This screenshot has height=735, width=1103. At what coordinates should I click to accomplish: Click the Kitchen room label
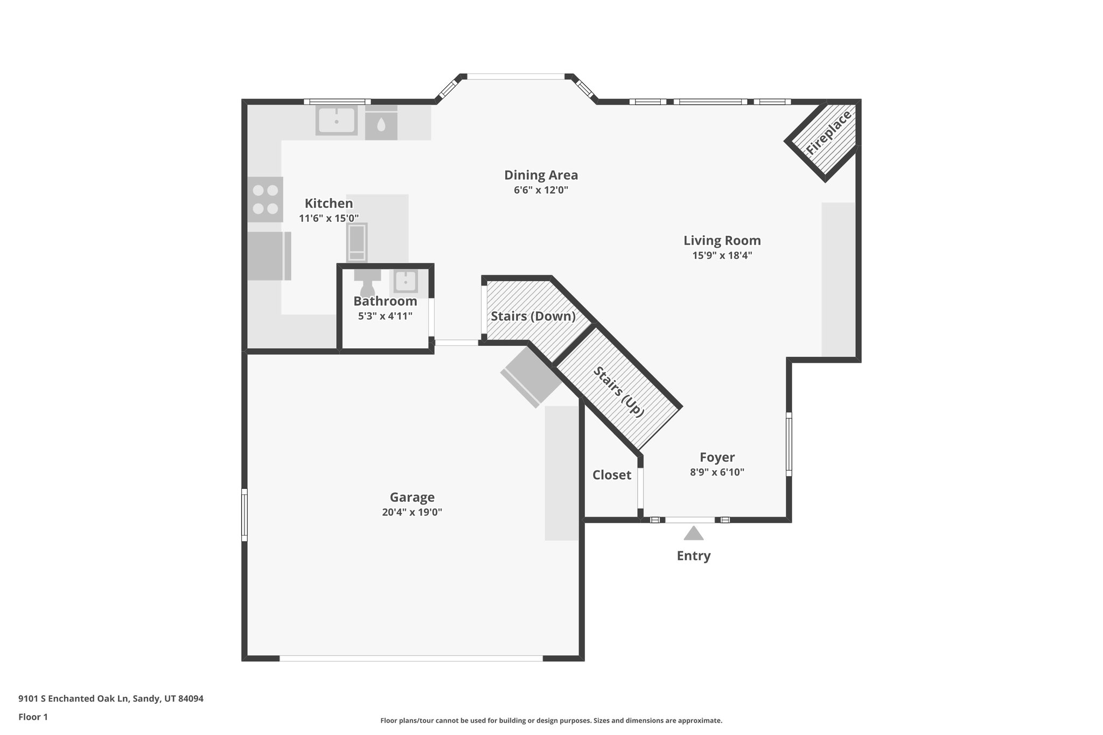point(329,204)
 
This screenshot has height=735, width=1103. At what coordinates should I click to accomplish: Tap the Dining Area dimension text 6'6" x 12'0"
point(541,190)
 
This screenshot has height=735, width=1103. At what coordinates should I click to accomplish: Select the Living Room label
point(722,241)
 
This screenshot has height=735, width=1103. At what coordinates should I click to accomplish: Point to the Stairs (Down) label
point(533,316)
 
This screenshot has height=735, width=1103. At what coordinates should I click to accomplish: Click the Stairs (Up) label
point(619,391)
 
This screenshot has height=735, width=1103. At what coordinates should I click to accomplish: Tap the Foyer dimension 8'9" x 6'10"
point(717,472)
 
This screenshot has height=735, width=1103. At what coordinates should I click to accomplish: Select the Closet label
point(611,475)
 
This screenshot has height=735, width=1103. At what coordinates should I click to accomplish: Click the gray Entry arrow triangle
point(693,534)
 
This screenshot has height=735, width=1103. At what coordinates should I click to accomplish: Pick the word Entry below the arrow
point(693,556)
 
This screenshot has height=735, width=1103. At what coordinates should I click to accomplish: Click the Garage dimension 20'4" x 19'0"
point(412,512)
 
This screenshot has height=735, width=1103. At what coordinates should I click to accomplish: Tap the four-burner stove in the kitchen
point(266,199)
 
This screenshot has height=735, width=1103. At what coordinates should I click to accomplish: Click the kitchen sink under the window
point(336,121)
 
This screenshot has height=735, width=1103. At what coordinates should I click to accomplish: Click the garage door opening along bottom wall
point(411,658)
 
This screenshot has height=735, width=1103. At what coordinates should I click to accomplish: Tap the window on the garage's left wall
point(245,514)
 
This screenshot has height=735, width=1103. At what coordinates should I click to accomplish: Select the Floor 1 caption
point(33,717)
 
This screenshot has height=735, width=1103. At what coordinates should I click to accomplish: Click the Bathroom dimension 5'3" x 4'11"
point(385,316)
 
